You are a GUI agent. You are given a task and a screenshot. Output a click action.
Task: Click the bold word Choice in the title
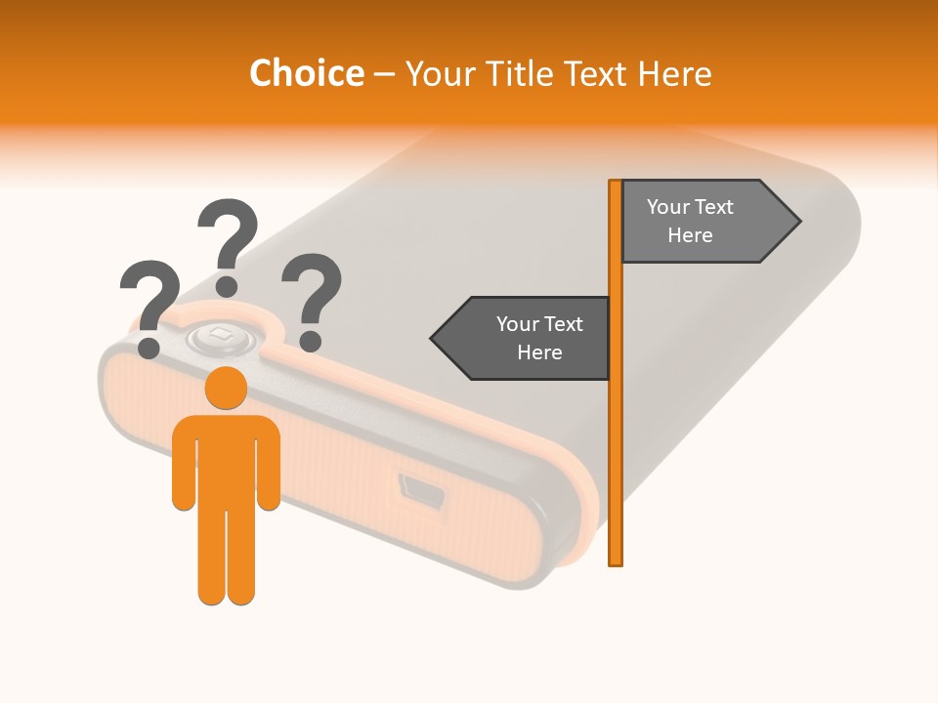click(306, 73)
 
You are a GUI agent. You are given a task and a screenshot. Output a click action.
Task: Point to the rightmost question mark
click(312, 292)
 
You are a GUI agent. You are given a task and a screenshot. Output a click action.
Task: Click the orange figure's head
click(226, 389)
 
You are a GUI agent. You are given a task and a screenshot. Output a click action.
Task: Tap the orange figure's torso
click(226, 459)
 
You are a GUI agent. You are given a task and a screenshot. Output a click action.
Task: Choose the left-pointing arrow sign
click(523, 338)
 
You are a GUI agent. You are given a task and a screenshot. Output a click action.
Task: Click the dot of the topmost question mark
click(227, 285)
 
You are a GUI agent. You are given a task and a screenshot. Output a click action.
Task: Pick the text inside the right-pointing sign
click(690, 221)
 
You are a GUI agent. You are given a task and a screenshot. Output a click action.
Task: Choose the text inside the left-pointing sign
click(539, 338)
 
